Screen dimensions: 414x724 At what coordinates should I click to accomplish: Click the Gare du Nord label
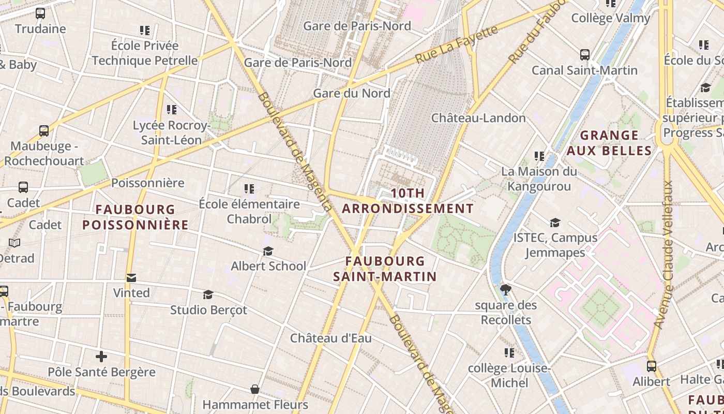[x=352, y=94]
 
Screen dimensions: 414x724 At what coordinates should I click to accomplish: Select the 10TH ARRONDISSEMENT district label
[x=408, y=201]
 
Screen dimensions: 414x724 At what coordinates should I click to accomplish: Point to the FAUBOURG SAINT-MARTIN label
[x=385, y=269]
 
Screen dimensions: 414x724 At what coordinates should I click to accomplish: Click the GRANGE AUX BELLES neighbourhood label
[x=609, y=143]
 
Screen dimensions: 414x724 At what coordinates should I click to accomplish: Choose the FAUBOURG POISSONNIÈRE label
[x=135, y=217]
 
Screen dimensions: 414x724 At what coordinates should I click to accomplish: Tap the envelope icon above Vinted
[x=131, y=278]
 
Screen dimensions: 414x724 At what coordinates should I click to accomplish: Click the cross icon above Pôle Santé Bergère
[x=101, y=357]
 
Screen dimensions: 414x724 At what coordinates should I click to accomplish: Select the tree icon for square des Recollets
[x=506, y=290]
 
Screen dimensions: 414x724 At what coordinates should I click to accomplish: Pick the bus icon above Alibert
[x=652, y=366]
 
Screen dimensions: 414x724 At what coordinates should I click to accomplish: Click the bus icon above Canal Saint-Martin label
[x=585, y=55]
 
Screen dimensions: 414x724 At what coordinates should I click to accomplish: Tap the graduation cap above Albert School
[x=268, y=252]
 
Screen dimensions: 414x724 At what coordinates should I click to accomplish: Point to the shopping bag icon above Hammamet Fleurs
[x=255, y=389]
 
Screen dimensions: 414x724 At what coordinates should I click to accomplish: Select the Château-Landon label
[x=478, y=118]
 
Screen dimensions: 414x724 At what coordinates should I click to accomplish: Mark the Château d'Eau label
[x=331, y=338]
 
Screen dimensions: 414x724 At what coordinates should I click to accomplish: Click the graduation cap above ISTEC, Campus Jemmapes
[x=555, y=223]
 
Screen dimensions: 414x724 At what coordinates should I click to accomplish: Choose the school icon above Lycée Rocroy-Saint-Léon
[x=172, y=110]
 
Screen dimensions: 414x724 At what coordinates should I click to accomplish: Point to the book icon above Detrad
[x=14, y=243]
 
